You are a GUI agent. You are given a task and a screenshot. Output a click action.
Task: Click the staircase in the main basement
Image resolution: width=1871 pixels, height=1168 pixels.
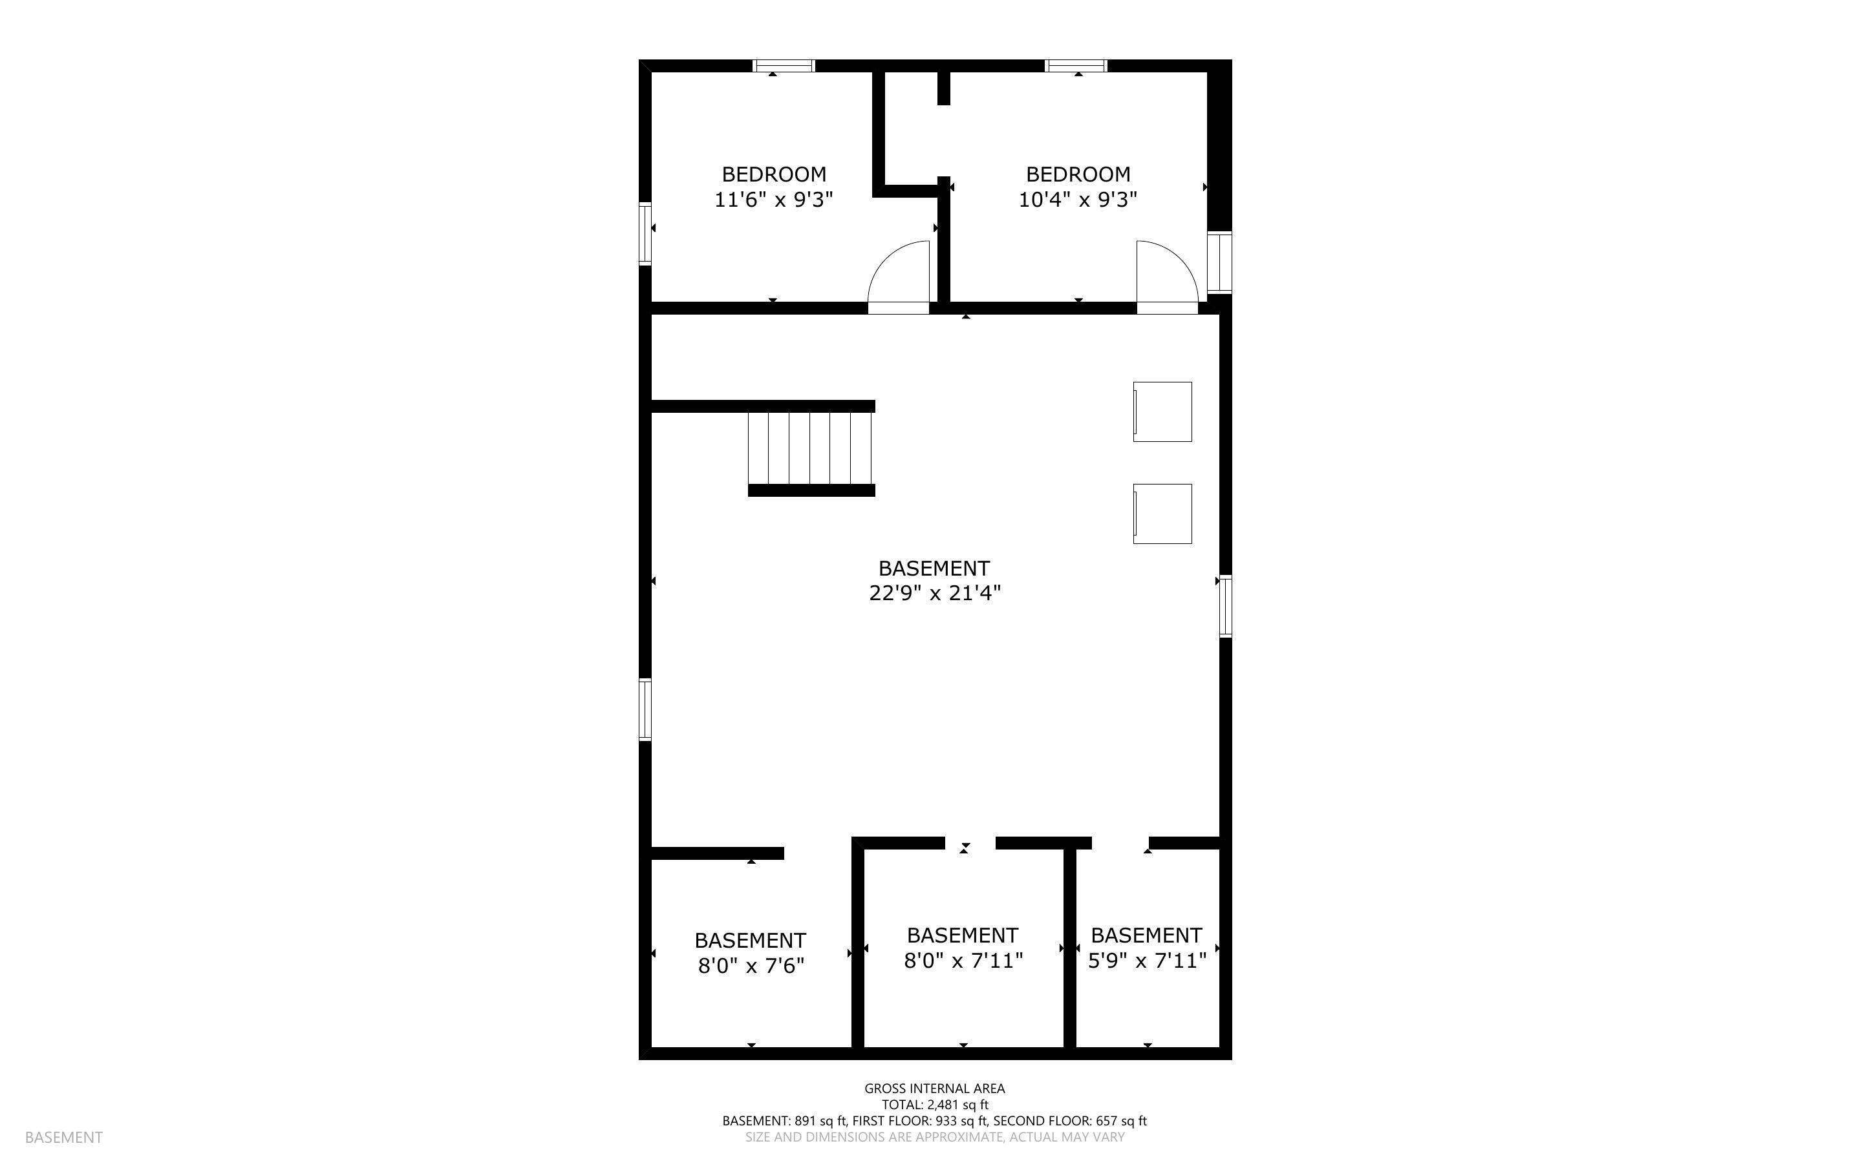pos(811,448)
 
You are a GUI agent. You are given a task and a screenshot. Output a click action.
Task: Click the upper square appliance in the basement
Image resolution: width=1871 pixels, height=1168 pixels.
pos(1162,412)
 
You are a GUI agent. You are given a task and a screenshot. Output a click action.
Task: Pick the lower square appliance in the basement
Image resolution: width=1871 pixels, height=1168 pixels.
pos(1162,514)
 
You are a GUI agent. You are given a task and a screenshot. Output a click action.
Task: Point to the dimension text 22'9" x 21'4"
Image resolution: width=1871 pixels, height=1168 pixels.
pos(935,593)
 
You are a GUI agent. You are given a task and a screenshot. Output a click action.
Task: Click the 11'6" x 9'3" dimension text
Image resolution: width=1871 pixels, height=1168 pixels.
pos(774,200)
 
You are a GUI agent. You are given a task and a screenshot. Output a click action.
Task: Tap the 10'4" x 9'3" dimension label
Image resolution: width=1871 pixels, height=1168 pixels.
pos(1078,200)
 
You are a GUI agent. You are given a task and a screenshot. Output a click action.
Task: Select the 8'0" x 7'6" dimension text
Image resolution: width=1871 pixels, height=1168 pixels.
pos(751,966)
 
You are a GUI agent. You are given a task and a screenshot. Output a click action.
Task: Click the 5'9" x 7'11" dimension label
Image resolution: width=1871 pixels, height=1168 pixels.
pos(1147,960)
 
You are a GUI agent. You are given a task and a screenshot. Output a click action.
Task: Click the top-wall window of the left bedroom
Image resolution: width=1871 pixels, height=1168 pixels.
pos(784,66)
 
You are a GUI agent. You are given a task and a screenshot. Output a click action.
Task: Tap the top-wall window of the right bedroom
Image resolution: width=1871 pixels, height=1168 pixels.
pos(1076,66)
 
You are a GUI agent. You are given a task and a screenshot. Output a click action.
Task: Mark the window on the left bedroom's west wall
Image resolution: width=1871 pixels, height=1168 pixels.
pos(645,233)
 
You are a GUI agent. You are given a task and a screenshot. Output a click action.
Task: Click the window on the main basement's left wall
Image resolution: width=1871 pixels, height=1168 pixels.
pos(645,709)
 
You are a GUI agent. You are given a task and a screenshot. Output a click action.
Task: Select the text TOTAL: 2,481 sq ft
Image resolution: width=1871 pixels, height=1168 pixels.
pos(935,1105)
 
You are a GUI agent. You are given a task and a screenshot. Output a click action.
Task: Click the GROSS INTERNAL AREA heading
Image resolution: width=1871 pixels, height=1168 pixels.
pos(935,1089)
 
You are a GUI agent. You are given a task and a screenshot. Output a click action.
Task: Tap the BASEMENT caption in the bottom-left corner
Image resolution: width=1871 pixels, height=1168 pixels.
pos(64,1137)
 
